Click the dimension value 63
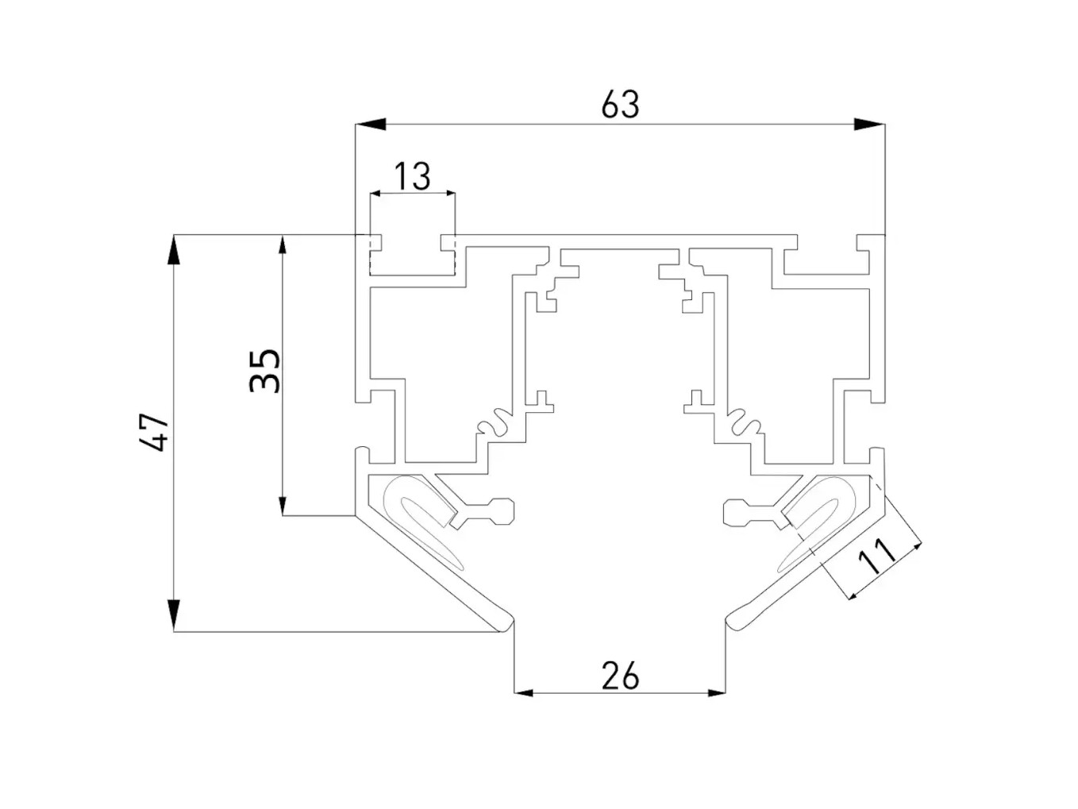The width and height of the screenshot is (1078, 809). [x=620, y=104]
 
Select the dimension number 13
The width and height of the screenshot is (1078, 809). [x=413, y=175]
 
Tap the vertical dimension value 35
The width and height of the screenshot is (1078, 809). [x=265, y=370]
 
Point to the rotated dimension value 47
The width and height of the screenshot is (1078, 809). [x=154, y=433]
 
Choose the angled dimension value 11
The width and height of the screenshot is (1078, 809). [x=877, y=557]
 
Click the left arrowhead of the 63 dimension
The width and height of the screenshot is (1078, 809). [x=370, y=124]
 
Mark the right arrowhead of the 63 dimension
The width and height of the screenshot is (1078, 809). [x=869, y=124]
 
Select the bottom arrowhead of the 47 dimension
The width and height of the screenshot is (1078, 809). [x=174, y=616]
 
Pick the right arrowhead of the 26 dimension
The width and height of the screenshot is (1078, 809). [x=715, y=693]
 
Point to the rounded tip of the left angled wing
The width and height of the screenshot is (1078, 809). [x=505, y=622]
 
